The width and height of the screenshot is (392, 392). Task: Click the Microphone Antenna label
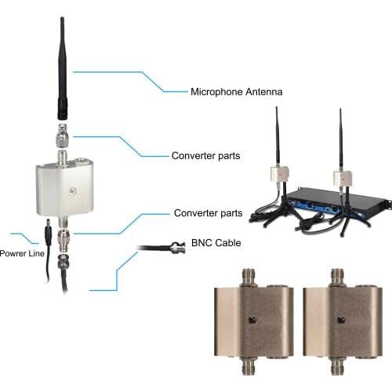[236, 92]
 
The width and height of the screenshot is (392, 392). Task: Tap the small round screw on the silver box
[71, 191]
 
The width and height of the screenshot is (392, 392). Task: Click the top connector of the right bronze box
[338, 277]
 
